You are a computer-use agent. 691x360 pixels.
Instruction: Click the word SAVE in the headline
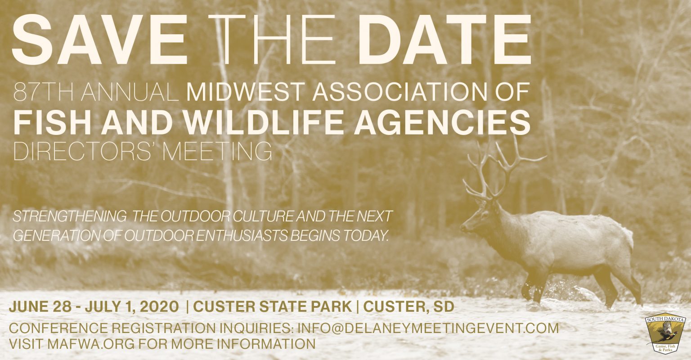tap(99, 39)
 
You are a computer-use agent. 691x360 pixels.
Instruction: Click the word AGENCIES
tap(442, 122)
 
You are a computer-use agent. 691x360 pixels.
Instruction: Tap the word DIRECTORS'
tap(83, 151)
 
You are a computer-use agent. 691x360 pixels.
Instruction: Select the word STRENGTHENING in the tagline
tap(69, 216)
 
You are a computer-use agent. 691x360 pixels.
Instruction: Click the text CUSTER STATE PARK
tap(272, 307)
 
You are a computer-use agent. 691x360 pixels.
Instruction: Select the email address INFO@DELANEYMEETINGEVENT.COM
tap(428, 328)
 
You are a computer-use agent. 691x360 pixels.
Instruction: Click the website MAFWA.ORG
tap(93, 344)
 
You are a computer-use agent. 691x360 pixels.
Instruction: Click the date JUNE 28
tap(40, 307)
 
